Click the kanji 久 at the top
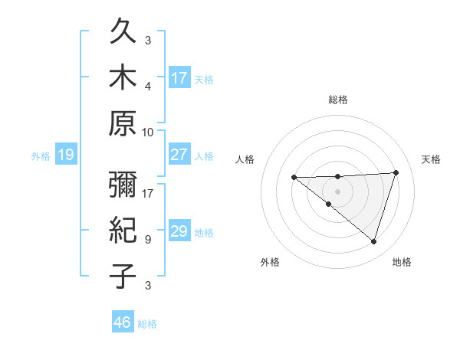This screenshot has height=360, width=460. click(123, 33)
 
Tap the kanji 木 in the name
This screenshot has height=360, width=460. click(123, 78)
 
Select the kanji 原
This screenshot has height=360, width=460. click(123, 123)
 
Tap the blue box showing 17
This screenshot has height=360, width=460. click(179, 77)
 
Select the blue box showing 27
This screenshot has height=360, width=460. click(179, 155)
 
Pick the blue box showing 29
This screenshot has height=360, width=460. click(179, 232)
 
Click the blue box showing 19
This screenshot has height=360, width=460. click(66, 155)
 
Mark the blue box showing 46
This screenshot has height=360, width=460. click(123, 322)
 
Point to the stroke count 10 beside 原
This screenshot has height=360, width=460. click(148, 132)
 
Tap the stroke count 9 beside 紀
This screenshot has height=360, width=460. click(148, 239)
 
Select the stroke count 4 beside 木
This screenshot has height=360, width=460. click(148, 86)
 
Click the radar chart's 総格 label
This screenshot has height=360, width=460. click(337, 100)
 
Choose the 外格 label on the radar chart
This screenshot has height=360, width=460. click(270, 262)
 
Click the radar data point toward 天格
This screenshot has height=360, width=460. click(396, 172)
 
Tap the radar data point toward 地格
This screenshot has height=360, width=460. click(373, 241)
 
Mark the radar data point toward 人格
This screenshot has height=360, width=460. click(294, 178)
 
